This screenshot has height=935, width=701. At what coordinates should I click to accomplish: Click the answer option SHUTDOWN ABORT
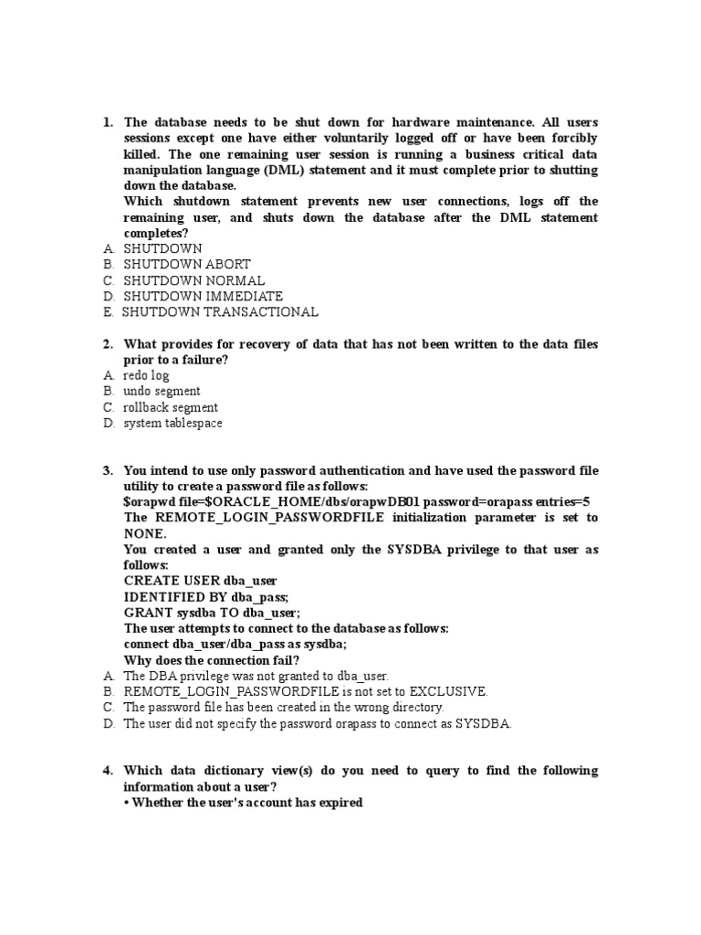coord(186,265)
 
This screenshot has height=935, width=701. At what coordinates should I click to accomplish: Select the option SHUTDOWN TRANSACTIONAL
coord(221,312)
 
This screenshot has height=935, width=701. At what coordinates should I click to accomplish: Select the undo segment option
coord(162,391)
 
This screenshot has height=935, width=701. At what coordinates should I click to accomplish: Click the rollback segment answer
coord(171,407)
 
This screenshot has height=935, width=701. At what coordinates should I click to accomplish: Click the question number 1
coord(108,122)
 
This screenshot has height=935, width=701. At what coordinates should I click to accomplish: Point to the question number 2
coord(108,343)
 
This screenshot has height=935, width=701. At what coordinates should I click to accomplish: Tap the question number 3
coord(108,470)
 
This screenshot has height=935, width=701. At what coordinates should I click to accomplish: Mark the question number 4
coord(108,771)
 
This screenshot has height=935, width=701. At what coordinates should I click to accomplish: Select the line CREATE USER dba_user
coord(200,581)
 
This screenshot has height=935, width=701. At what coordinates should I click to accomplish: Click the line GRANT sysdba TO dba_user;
coord(212,613)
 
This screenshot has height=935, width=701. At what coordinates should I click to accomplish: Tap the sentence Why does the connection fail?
coord(211,660)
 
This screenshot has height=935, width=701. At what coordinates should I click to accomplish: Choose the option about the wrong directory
coord(283,708)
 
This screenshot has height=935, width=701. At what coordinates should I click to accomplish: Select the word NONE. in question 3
coord(145,533)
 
